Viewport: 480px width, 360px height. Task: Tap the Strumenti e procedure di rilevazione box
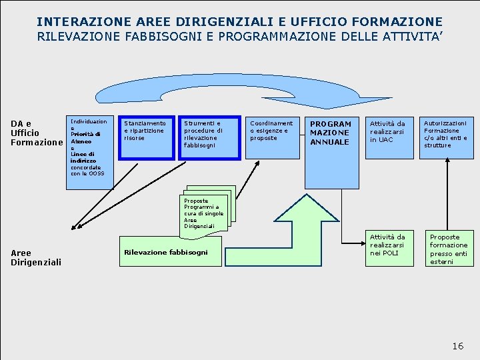[x=209, y=138]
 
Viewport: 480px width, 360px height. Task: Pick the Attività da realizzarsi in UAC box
[x=389, y=137]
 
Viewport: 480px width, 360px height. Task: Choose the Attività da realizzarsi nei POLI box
[x=389, y=248]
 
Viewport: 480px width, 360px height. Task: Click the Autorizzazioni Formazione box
[x=447, y=137]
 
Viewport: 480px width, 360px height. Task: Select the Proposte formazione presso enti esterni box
[x=448, y=248]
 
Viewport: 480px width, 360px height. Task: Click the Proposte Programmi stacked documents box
[x=207, y=212]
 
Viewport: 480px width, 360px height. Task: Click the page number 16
[x=457, y=346]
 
